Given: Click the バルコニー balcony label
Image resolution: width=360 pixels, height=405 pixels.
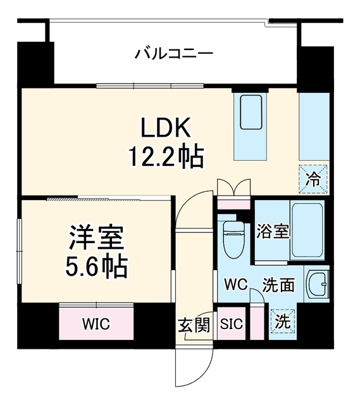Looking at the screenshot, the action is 175,54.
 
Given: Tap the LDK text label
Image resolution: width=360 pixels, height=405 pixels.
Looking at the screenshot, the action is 166,128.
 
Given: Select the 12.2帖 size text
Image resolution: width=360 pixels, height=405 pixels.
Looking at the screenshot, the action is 166,157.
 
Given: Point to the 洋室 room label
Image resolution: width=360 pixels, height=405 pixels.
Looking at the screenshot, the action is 96,237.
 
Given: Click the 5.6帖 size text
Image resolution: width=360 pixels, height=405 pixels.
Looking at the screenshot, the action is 96,266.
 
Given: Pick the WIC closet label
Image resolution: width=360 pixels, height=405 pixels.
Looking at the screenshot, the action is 96,323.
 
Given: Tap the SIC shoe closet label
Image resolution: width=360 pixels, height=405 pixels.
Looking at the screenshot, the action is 232,323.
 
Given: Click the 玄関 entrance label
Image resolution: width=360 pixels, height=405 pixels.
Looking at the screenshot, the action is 194,325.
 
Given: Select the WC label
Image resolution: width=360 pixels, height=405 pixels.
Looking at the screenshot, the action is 236,284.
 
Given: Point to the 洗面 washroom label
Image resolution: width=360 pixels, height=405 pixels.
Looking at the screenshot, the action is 278,285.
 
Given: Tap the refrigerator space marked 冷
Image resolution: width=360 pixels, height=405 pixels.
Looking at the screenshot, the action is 313,179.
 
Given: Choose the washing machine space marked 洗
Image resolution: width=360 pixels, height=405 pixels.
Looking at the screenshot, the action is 283,321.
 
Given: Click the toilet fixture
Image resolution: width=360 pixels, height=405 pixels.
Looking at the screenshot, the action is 234,239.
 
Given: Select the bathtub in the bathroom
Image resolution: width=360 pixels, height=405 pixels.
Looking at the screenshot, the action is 307,230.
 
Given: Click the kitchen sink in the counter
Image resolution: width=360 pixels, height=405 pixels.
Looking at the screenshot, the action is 251,112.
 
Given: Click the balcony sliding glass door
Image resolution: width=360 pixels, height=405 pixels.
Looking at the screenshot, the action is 150,86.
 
